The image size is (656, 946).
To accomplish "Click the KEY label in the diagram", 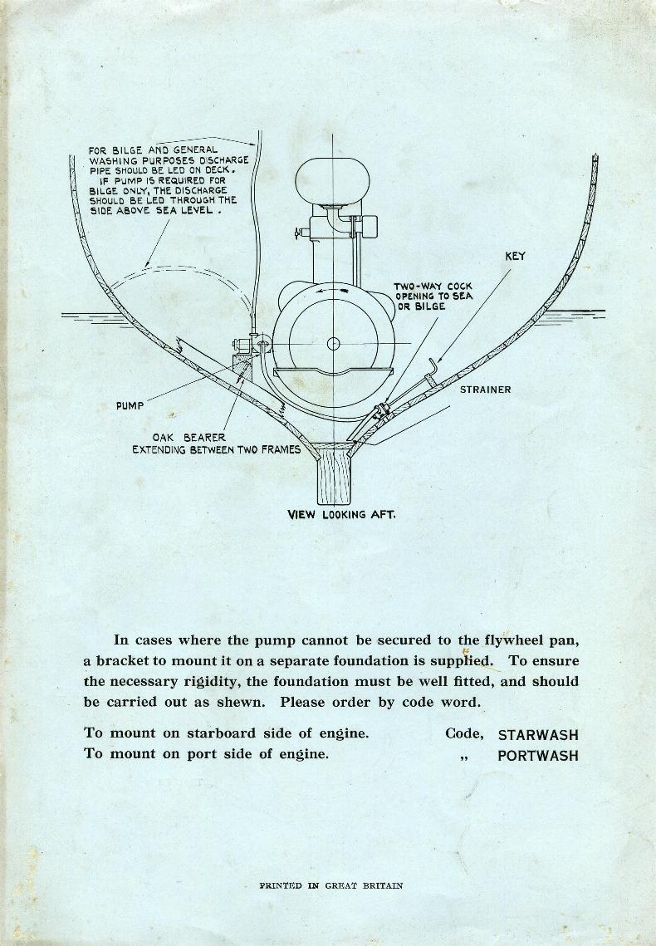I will click(515, 257).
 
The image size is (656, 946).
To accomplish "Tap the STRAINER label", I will click(486, 390).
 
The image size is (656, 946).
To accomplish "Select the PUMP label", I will click(130, 406).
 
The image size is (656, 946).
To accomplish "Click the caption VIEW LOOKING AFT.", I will click(341, 514).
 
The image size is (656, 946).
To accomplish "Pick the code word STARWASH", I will click(538, 735).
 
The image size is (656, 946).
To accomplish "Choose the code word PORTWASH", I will click(538, 755).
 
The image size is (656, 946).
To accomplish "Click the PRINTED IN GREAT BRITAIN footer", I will click(331, 885).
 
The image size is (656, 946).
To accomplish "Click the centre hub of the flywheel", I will click(334, 344).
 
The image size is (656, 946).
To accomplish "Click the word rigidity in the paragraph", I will click(266, 682).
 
